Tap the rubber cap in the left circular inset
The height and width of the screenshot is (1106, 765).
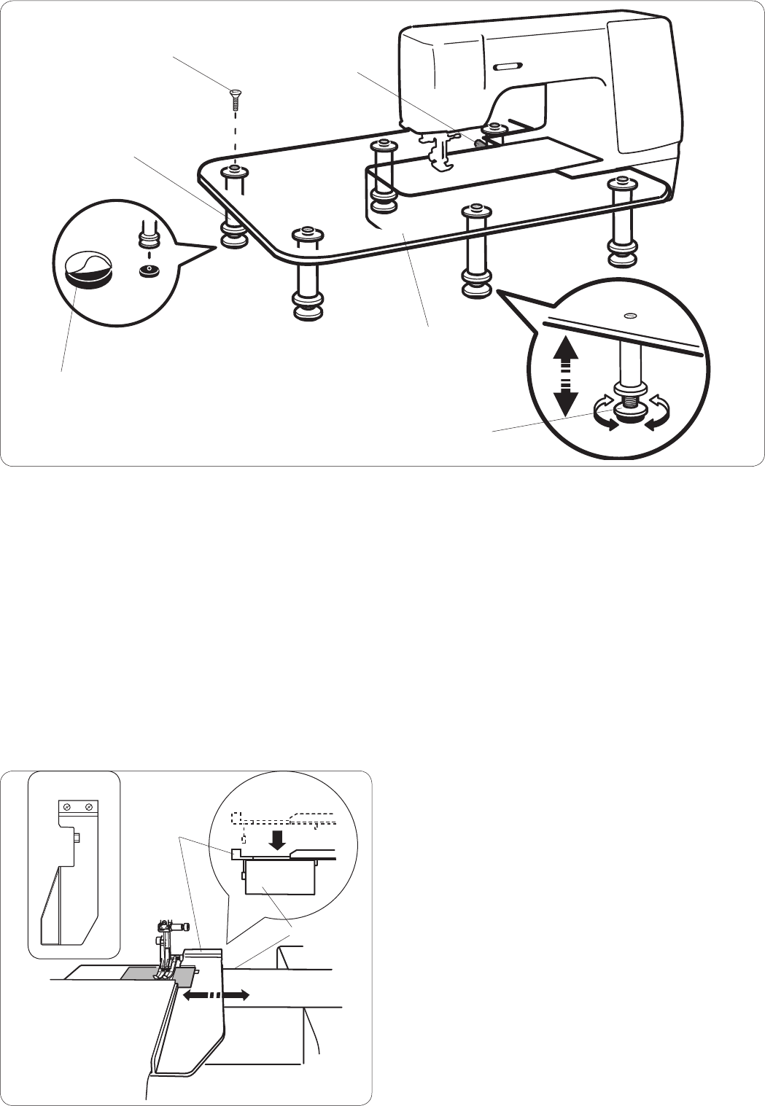pos(87,270)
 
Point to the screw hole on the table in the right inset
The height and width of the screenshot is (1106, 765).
pos(631,315)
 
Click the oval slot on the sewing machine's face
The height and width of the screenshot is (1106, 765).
pos(506,67)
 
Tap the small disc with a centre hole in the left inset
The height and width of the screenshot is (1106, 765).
pos(149,270)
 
